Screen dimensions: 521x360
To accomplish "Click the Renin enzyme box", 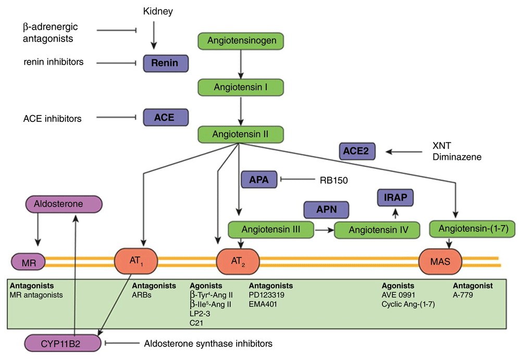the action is (166, 63).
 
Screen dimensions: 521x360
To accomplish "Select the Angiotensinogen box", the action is (241, 41).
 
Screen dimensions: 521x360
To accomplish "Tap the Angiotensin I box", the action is (241, 88).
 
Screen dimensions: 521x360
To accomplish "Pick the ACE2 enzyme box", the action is (357, 151).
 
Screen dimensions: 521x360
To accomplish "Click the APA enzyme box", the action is (259, 180).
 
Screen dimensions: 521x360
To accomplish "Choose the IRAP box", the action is (395, 197).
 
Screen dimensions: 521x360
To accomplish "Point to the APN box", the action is (326, 209).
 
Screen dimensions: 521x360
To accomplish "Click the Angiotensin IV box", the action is (377, 230).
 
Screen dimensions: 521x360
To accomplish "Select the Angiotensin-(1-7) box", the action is (473, 229).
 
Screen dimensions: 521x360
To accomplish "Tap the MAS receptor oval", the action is (440, 262).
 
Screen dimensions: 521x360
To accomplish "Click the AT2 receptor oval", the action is (238, 262).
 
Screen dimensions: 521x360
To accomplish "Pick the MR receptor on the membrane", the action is (29, 262).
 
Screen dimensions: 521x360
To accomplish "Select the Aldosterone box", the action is (64, 204).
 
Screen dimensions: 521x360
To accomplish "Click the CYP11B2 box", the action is (63, 343).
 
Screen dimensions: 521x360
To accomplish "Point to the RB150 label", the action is (333, 180).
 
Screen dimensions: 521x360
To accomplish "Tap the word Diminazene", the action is (457, 157).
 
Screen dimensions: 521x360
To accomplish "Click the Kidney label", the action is (158, 11).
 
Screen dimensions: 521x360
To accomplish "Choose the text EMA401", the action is (263, 304).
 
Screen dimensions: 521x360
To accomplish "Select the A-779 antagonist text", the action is (463, 295).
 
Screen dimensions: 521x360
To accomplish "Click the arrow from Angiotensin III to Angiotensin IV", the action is (324, 230).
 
